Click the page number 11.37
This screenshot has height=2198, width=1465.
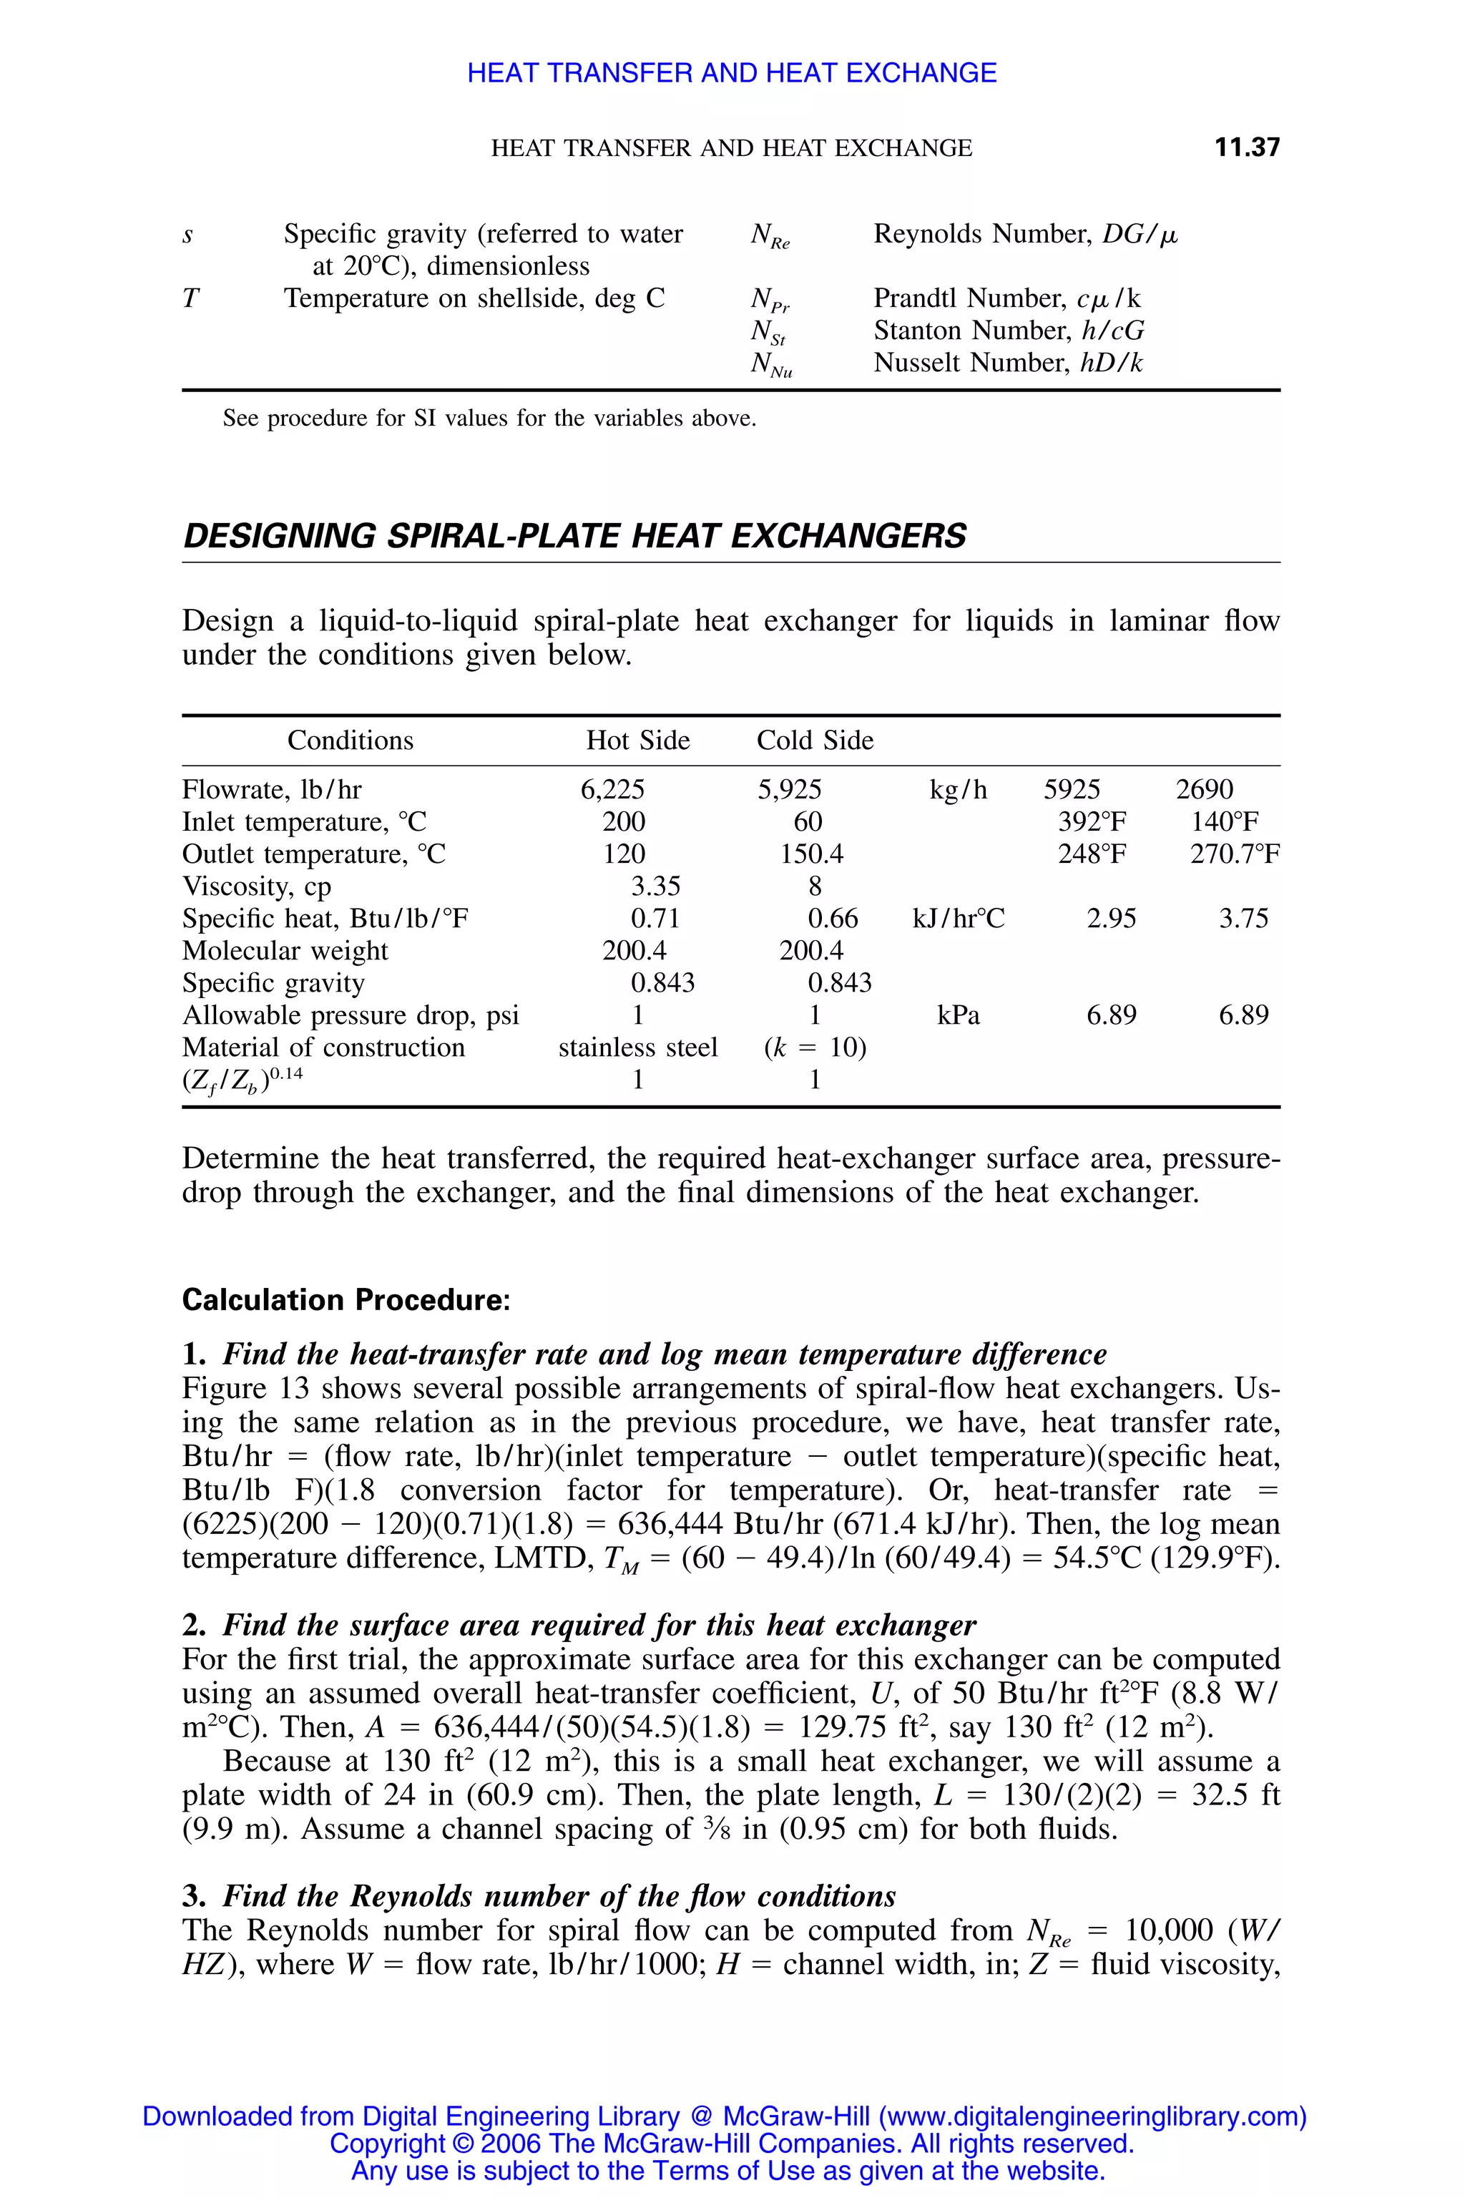1246,147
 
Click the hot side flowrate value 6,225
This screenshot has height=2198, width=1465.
612,790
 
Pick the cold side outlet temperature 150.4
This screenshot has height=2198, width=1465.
811,854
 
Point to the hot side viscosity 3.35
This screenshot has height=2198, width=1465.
655,886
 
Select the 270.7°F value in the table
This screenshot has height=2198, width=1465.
1234,854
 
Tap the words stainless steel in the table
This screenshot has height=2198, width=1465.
638,1047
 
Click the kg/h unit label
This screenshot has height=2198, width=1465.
958,790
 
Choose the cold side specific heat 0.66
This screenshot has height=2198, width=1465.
833,919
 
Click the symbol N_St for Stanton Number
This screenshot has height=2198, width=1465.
768,332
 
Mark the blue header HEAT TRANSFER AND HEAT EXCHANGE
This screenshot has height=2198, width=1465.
732,73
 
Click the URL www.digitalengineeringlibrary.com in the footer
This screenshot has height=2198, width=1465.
1089,2116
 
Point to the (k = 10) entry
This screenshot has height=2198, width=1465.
815,1047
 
